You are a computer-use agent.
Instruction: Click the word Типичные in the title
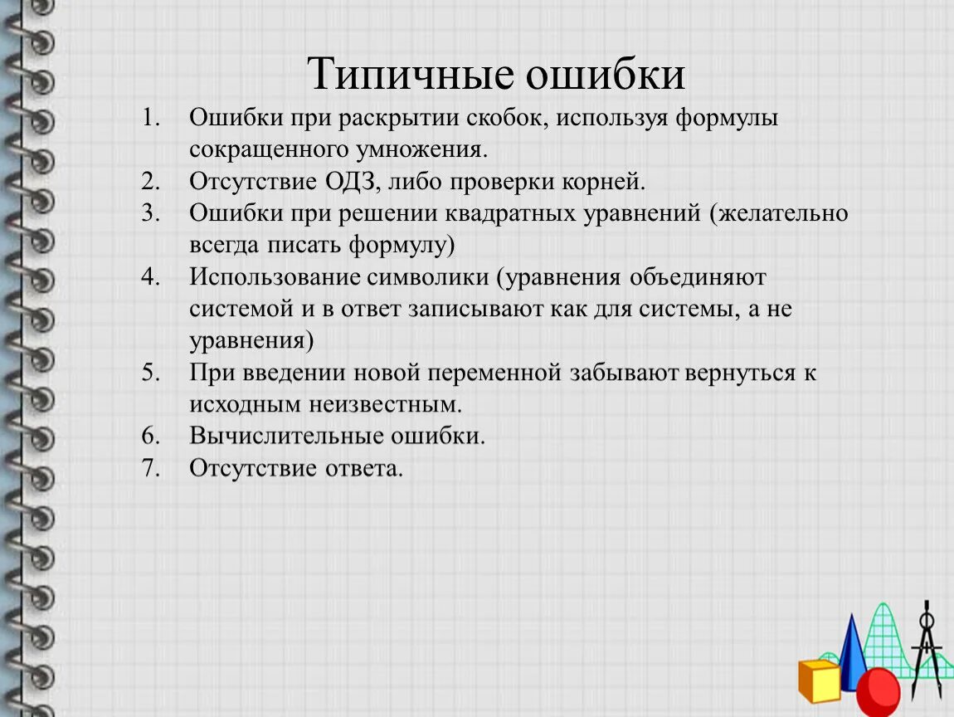pos(410,74)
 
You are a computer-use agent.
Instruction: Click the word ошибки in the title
pos(606,74)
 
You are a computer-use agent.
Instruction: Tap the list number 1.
pos(150,118)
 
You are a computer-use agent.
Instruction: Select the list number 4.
pos(150,277)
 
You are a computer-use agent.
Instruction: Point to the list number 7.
pos(150,468)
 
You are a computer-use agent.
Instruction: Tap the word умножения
pos(421,149)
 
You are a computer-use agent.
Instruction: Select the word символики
pos(428,277)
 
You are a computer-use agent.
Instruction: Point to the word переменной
pos(494,373)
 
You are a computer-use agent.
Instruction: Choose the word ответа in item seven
pos(364,468)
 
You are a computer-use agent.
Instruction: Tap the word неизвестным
pos(385,404)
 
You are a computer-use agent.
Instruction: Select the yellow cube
pos(820,680)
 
